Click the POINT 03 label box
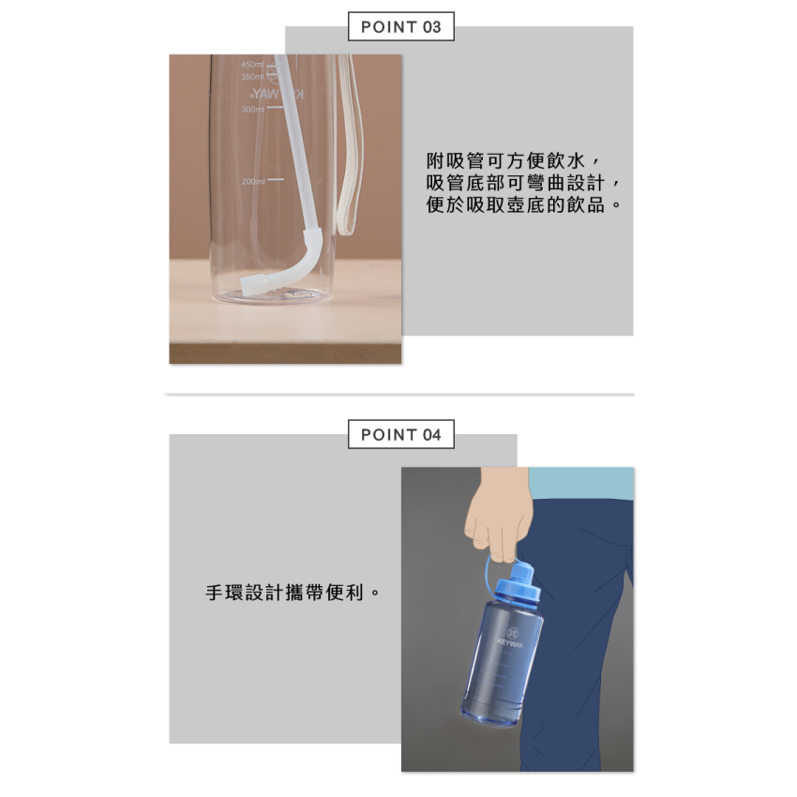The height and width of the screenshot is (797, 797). pos(400,27)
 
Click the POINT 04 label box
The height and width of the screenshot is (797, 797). pos(400,434)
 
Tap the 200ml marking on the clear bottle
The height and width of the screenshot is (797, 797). pos(253,181)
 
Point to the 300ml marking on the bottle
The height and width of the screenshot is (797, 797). pos(253,110)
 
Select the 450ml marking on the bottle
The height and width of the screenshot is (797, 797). pos(252,64)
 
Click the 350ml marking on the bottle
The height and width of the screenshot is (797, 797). pos(252,77)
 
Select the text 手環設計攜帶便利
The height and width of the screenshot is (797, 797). pos(293,594)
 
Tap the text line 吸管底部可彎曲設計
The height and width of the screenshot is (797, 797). pos(523,182)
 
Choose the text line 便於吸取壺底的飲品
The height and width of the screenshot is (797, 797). pos(523,204)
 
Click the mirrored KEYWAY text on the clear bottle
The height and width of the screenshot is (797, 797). pos(278,96)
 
